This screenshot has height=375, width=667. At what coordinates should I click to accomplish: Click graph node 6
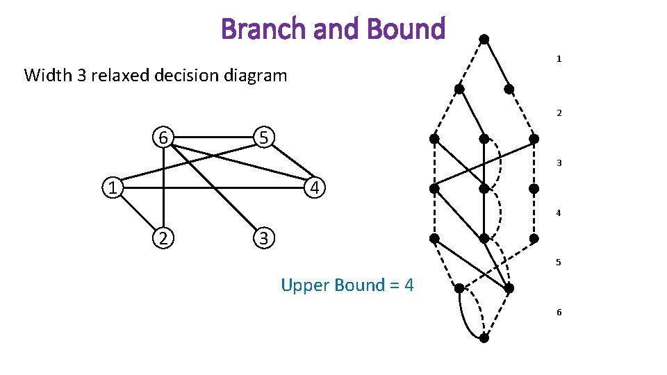163,137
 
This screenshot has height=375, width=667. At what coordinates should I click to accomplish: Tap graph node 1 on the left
111,187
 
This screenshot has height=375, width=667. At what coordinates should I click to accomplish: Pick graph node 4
315,187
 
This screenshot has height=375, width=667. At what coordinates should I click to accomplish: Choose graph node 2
163,237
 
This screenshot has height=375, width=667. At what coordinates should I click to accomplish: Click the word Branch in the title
253,29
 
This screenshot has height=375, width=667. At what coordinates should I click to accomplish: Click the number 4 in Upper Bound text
409,285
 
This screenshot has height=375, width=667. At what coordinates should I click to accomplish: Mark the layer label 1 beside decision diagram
559,60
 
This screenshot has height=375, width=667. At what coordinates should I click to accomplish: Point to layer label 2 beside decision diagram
559,112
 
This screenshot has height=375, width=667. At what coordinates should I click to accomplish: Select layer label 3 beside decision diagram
559,163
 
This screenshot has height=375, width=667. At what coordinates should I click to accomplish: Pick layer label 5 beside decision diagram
559,262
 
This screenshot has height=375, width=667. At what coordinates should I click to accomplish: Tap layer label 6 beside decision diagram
559,312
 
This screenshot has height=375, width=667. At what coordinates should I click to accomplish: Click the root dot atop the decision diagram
484,38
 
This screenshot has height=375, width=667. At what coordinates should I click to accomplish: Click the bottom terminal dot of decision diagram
484,338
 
